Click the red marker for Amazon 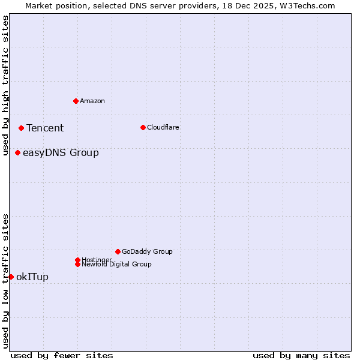tap(76, 101)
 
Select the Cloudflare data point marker tap(143, 127)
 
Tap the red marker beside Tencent tap(21, 128)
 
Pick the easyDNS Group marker tap(17, 153)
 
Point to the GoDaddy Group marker tap(118, 251)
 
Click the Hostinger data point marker tap(77, 260)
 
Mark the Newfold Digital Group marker tap(77, 265)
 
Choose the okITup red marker tap(11, 277)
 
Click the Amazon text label tap(92, 101)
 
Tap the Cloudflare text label tap(163, 127)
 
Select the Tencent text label tap(45, 128)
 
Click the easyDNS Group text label tap(61, 153)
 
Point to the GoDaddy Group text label tap(147, 251)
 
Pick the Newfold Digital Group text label tap(117, 265)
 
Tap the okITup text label tap(32, 277)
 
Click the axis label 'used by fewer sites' tap(62, 355)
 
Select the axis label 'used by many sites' tap(301, 355)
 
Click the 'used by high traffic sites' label tap(5, 85)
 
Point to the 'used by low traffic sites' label tap(5, 281)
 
